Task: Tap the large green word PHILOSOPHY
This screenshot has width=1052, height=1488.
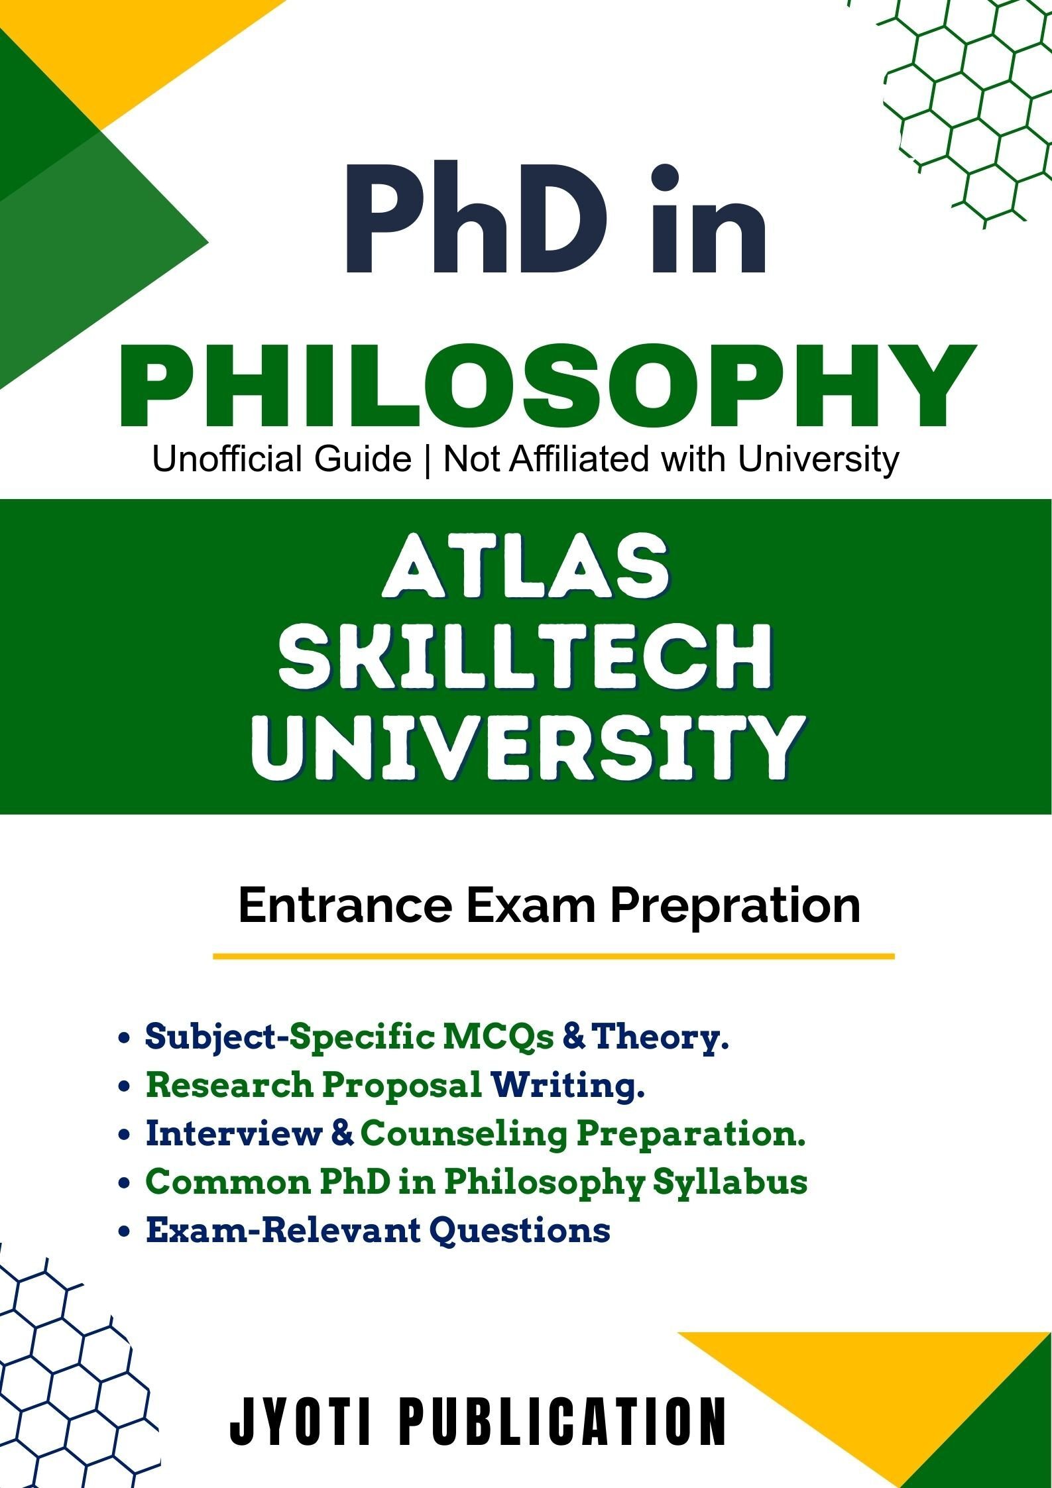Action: (548, 387)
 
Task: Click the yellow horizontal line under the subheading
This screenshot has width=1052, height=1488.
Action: (554, 956)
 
